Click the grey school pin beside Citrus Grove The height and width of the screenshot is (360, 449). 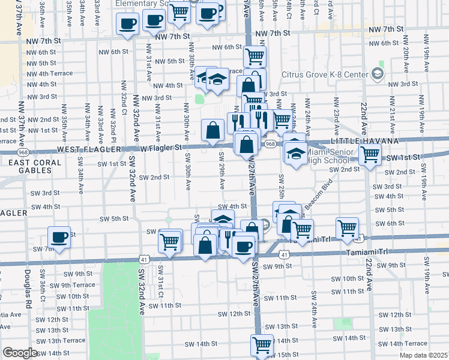pyautogui.click(x=377, y=74)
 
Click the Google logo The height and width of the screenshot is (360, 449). pyautogui.click(x=20, y=353)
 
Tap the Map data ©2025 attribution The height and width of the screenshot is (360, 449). pyautogui.click(x=424, y=355)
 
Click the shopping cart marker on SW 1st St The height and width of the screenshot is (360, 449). pyautogui.click(x=370, y=154)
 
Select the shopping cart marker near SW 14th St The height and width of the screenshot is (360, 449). pyautogui.click(x=262, y=344)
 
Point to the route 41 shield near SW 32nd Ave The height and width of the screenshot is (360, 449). pyautogui.click(x=143, y=259)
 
